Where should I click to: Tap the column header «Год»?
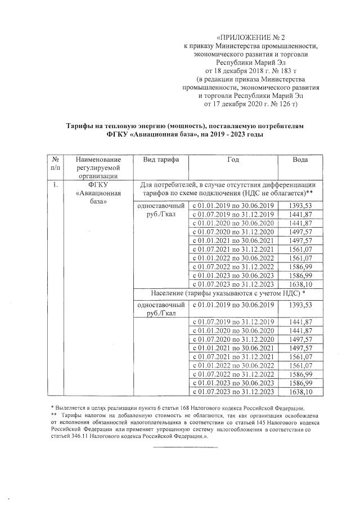(233, 160)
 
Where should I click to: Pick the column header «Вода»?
(300, 160)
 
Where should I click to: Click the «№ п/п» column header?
(56, 164)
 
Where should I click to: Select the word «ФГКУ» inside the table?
(98, 184)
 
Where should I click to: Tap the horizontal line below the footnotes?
(185, 447)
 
